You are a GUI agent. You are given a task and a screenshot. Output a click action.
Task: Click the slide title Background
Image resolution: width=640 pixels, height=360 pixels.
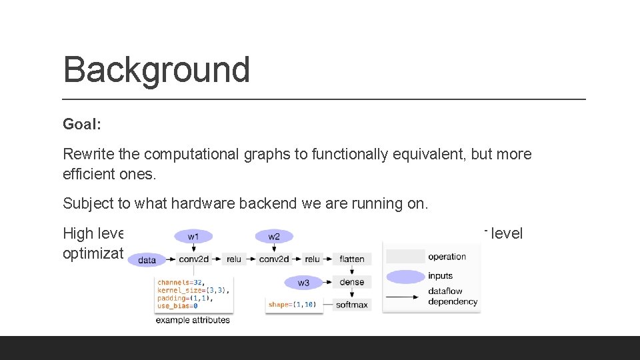(156, 69)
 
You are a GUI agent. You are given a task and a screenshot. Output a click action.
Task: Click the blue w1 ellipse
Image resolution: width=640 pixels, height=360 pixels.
(193, 237)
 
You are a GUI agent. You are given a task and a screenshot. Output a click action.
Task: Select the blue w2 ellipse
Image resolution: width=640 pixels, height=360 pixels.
(274, 237)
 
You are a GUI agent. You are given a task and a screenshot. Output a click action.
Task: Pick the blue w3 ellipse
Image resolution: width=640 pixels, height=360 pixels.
(303, 283)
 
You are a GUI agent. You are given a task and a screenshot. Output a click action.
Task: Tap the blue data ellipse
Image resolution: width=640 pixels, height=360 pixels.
(147, 260)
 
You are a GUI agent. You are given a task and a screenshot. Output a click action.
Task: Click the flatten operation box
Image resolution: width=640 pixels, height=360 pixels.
(351, 259)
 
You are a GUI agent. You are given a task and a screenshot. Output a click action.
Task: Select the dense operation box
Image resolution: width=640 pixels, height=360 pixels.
(351, 282)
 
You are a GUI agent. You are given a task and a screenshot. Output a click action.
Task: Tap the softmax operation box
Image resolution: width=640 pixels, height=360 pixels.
(351, 305)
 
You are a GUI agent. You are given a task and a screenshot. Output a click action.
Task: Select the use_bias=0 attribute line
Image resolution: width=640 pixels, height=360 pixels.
(177, 306)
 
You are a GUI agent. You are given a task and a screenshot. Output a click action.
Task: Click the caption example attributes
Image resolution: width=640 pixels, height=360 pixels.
(193, 320)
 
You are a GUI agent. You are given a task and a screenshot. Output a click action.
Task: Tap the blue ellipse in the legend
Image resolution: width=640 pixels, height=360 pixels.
(405, 276)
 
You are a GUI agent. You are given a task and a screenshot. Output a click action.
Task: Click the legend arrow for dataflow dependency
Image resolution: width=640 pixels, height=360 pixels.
(405, 296)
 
